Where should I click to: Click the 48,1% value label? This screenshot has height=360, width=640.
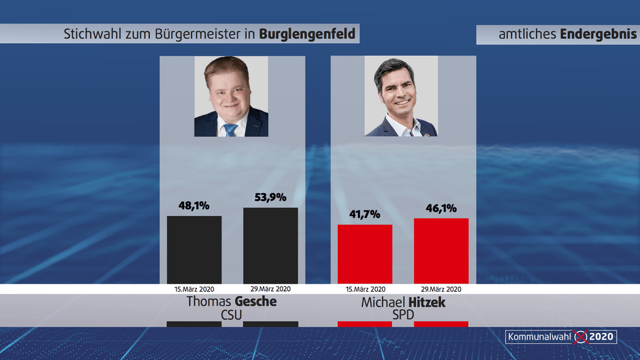pyautogui.click(x=194, y=206)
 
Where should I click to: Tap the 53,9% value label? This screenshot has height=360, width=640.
pyautogui.click(x=270, y=197)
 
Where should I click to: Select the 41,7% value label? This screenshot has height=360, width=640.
pyautogui.click(x=364, y=214)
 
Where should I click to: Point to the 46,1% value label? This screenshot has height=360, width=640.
pyautogui.click(x=441, y=208)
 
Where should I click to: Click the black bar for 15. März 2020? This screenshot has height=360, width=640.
pyautogui.click(x=194, y=249)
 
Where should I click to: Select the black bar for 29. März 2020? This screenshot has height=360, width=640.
pyautogui.click(x=270, y=245)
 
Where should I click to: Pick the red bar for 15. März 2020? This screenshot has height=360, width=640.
pyautogui.click(x=365, y=254)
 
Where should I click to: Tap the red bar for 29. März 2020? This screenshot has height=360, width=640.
pyautogui.click(x=441, y=250)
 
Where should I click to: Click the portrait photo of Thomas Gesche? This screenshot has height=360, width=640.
pyautogui.click(x=231, y=96)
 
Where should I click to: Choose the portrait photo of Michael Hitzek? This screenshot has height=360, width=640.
pyautogui.click(x=401, y=96)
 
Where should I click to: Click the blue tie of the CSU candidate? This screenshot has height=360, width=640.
pyautogui.click(x=231, y=129)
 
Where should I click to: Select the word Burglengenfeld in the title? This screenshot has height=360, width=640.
pyautogui.click(x=307, y=34)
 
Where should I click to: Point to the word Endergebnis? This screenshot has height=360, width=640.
pyautogui.click(x=598, y=34)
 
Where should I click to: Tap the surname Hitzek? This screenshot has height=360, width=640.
pyautogui.click(x=424, y=302)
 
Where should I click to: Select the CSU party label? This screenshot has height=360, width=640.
pyautogui.click(x=231, y=315)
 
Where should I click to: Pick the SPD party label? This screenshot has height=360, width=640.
pyautogui.click(x=402, y=315)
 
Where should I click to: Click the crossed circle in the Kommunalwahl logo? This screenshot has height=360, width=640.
pyautogui.click(x=580, y=337)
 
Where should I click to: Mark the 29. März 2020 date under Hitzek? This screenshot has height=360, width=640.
pyautogui.click(x=441, y=289)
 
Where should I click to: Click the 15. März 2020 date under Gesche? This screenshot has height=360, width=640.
pyautogui.click(x=194, y=289)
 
